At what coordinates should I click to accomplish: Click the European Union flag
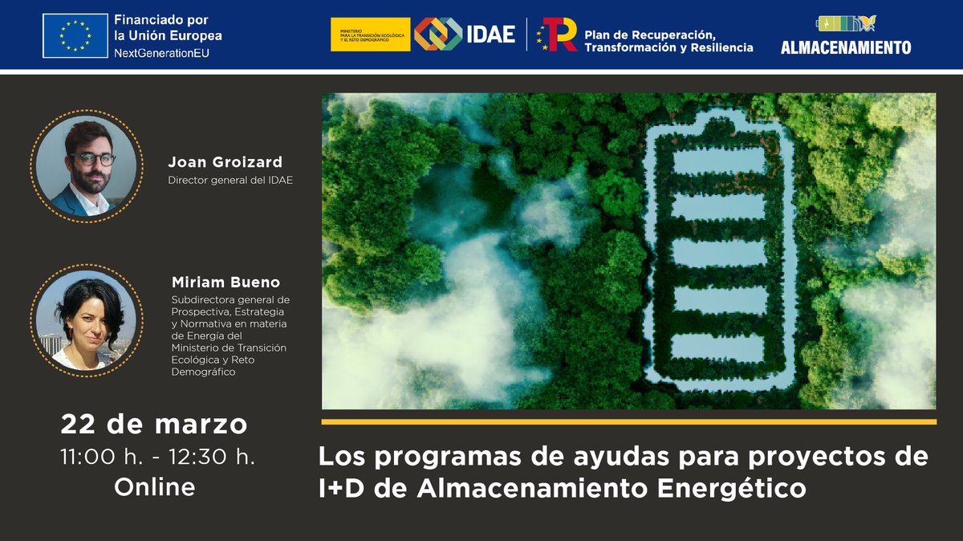tap(75, 35)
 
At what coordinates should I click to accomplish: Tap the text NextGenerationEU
tap(159, 51)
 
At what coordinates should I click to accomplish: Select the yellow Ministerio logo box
tap(370, 35)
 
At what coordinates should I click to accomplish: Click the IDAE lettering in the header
tap(490, 35)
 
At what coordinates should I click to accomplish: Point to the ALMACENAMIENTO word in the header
tap(846, 47)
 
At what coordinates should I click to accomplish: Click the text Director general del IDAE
tap(230, 180)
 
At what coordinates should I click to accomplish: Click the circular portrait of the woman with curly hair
tap(87, 321)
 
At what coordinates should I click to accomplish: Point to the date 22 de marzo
tap(154, 424)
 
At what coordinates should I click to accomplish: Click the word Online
tap(154, 486)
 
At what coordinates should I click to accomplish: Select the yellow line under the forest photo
tap(628, 421)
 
